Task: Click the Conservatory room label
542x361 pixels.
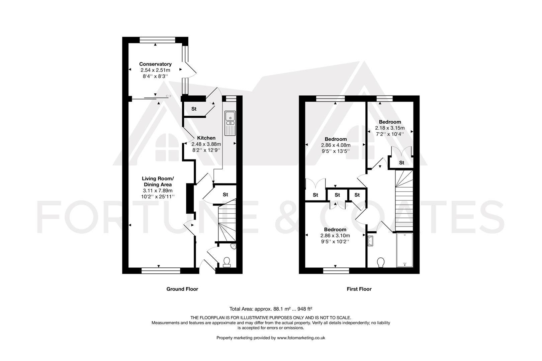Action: click(155, 64)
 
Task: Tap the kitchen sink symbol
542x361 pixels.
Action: click(230, 123)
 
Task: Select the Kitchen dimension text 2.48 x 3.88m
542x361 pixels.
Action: click(206, 144)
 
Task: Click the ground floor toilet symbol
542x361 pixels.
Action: click(227, 262)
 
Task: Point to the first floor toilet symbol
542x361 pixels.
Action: click(381, 262)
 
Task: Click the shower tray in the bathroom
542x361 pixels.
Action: click(404, 250)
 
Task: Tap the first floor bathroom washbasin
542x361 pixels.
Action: click(370, 241)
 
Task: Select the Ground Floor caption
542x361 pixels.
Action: click(182, 289)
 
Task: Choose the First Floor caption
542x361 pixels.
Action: click(359, 289)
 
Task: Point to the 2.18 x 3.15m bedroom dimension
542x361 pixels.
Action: click(390, 128)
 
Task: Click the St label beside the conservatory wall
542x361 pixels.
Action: click(194, 109)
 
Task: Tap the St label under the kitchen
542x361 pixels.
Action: click(225, 195)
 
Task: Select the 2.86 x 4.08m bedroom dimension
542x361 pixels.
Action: click(336, 145)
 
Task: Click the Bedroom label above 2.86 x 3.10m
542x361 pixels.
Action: click(335, 230)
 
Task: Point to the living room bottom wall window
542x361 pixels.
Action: click(161, 270)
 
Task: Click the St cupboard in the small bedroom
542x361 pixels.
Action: click(401, 163)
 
